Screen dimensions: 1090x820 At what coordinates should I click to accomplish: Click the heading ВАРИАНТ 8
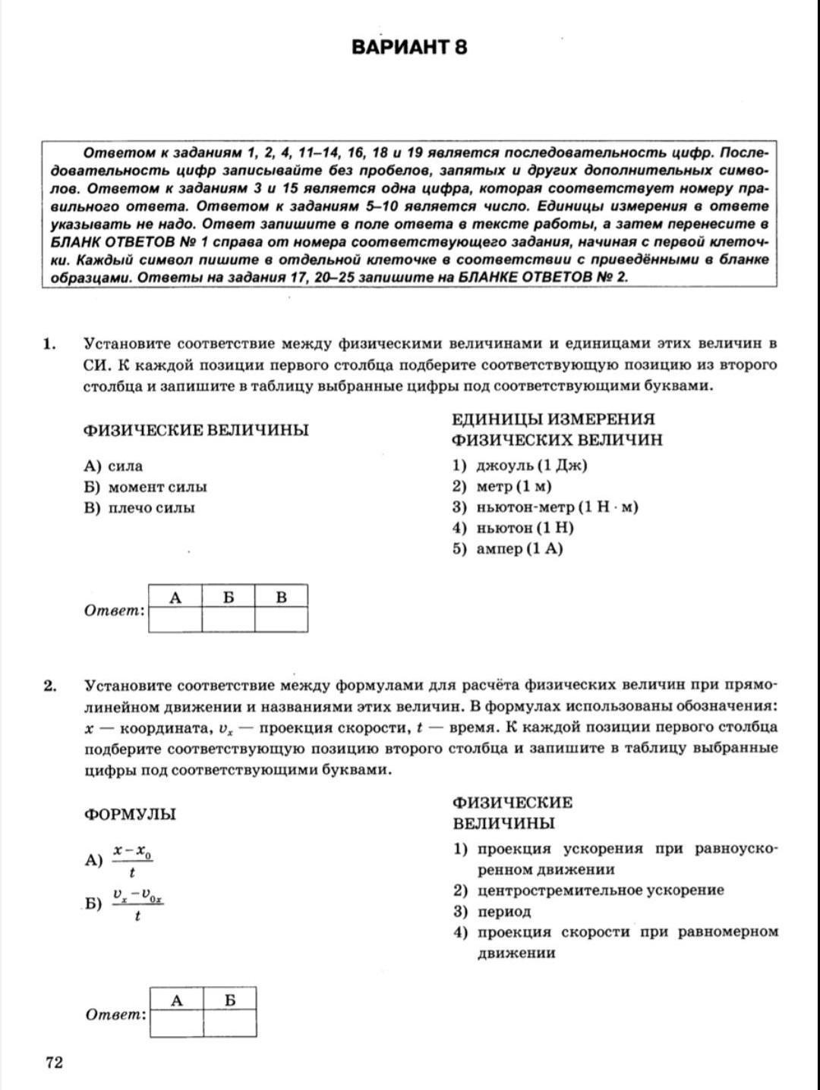(409, 47)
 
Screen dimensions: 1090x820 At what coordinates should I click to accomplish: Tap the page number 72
(54, 1062)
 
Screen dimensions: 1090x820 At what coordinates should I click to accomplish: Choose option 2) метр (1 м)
(503, 486)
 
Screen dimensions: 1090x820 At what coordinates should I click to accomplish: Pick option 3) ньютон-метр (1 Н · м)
(545, 507)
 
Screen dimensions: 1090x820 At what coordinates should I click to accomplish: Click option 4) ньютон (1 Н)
(513, 528)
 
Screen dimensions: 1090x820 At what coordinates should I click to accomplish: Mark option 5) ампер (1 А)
(508, 548)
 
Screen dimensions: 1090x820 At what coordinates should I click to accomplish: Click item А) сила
(114, 466)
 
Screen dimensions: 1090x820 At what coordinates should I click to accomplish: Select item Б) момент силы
(146, 487)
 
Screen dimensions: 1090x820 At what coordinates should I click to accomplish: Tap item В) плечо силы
(140, 507)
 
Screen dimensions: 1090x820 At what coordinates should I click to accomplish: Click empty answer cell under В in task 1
(281, 619)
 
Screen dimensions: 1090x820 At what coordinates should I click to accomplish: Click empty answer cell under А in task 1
(175, 619)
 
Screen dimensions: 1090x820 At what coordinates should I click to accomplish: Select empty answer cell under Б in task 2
(229, 1023)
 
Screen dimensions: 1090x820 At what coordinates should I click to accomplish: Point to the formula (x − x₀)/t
(133, 861)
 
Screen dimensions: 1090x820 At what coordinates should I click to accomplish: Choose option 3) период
(493, 911)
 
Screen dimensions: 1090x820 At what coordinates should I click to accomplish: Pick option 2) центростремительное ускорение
(588, 890)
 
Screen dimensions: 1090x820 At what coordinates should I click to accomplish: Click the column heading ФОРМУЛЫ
(130, 814)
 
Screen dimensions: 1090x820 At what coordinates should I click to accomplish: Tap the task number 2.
(50, 686)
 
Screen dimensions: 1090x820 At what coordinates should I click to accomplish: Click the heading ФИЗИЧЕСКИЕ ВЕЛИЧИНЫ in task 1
(196, 430)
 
